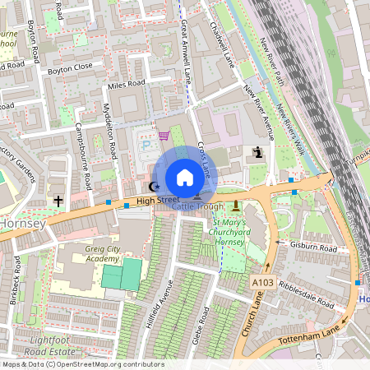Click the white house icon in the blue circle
click(x=185, y=177)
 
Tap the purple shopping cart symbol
click(x=164, y=136)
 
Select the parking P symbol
click(x=147, y=146)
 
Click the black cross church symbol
click(x=58, y=200)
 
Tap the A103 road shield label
click(x=262, y=282)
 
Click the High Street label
click(x=157, y=200)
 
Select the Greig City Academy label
click(x=97, y=252)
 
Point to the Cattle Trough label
click(x=197, y=206)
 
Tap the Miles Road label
click(x=126, y=83)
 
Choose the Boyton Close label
click(x=70, y=70)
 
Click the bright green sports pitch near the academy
click(x=121, y=274)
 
